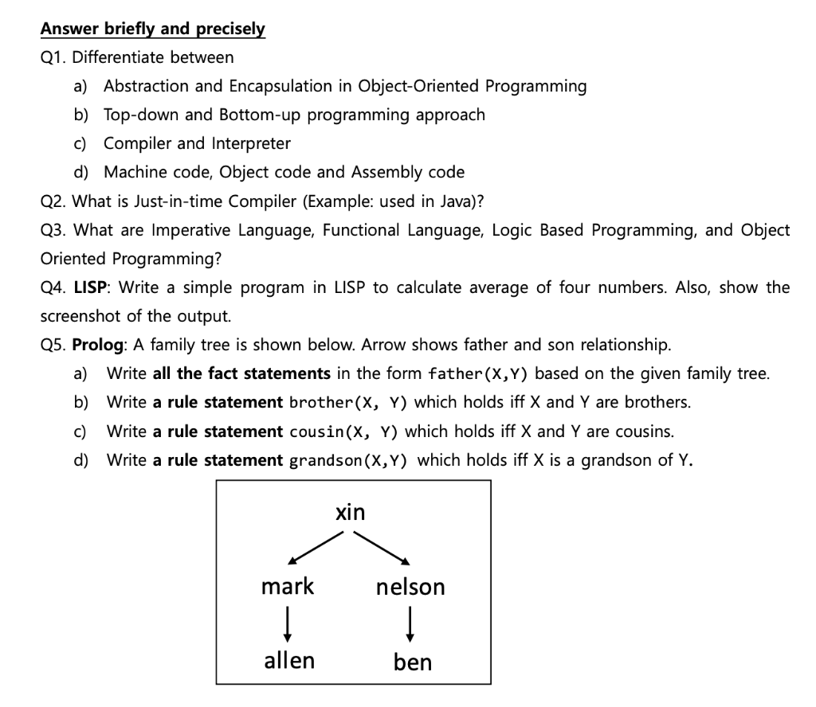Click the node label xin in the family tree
pos(350,513)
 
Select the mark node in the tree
pos(288,587)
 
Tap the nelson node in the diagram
pos(410,588)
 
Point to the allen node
pos(289,660)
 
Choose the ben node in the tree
pos(412,662)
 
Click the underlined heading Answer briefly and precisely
pos(153,29)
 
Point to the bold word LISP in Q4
pos(92,287)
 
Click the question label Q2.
pos(53,201)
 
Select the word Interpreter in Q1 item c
pos(251,143)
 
